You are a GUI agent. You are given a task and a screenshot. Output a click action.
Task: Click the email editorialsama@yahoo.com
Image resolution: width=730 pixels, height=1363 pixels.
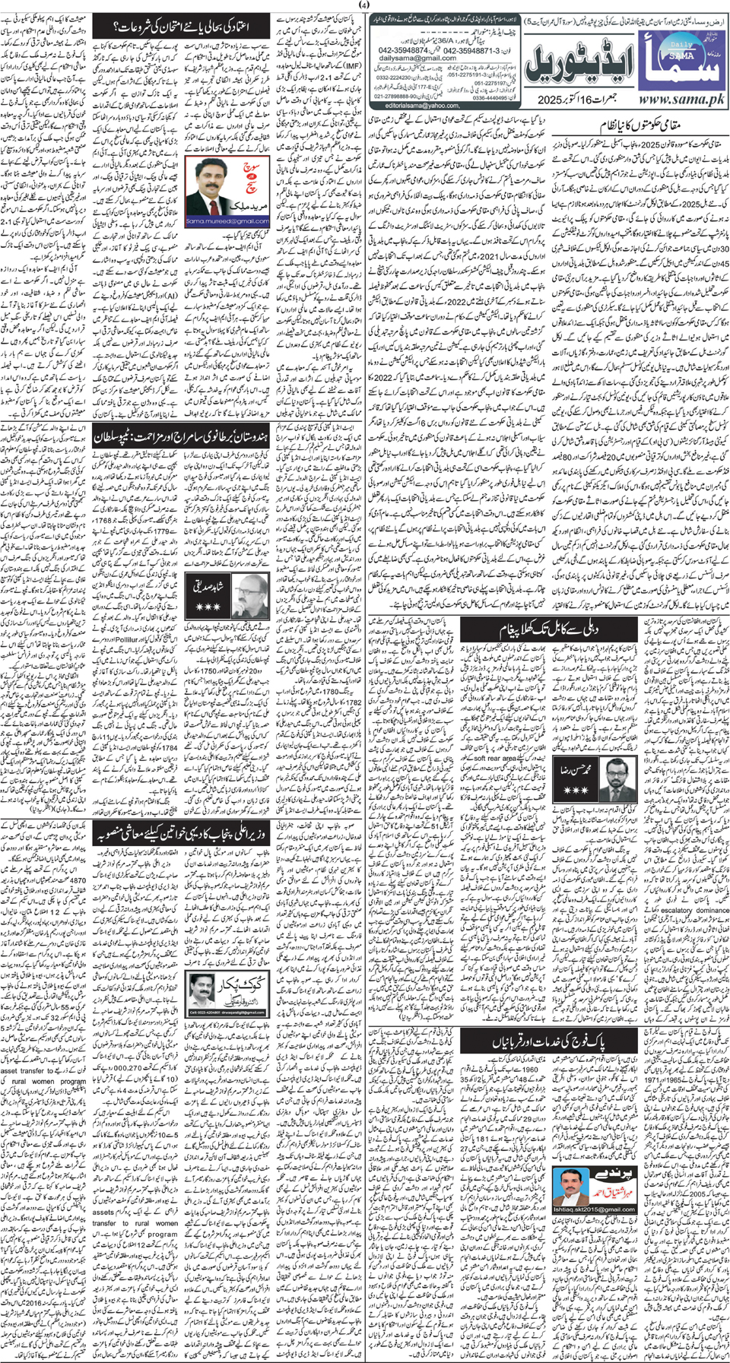423,105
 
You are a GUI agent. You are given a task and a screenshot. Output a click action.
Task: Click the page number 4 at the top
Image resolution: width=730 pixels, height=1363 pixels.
365,5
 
